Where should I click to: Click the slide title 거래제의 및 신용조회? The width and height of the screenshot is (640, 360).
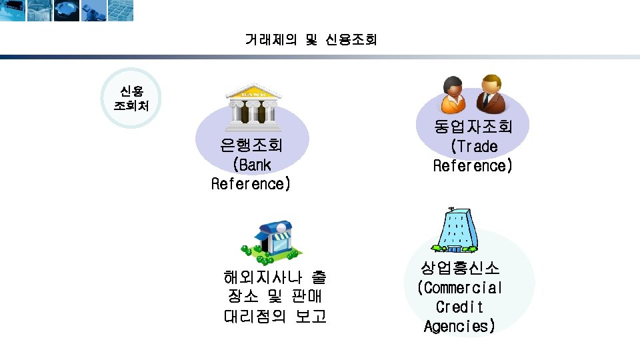coord(311,40)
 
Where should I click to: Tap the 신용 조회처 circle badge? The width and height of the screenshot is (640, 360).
coord(131,98)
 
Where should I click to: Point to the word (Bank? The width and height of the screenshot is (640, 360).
coord(251,164)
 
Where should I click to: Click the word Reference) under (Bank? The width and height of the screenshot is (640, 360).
coord(251,183)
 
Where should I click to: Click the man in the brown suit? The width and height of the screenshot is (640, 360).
coord(491,93)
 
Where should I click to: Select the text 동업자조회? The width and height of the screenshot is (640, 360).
coord(473,127)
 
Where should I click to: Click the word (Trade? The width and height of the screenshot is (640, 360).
coord(473,146)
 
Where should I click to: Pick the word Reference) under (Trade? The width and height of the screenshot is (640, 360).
coord(473,165)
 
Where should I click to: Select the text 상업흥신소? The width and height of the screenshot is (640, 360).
coord(459,269)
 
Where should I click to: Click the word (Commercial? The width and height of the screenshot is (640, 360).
coord(459,288)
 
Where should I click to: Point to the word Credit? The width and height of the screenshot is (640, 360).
coord(459,307)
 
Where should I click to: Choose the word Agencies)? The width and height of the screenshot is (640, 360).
coord(459,327)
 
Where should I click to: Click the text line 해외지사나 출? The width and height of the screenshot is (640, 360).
coord(275,277)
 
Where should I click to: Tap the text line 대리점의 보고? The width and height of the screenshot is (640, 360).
coord(275,315)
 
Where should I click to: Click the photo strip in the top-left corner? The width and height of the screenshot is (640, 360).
coord(67,11)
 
